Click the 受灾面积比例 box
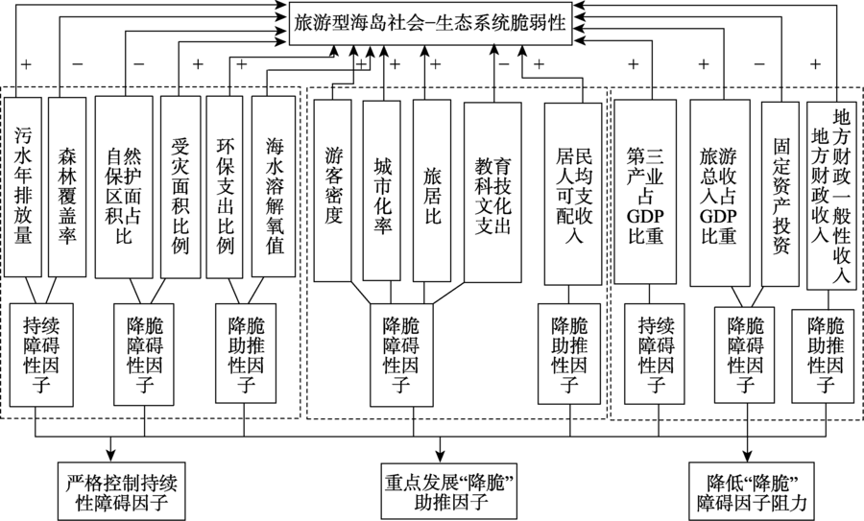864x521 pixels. (180, 186)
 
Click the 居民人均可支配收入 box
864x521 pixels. (573, 192)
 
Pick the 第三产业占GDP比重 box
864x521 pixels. (645, 192)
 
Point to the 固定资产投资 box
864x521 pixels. (780, 192)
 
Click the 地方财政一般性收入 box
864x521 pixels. (830, 192)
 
